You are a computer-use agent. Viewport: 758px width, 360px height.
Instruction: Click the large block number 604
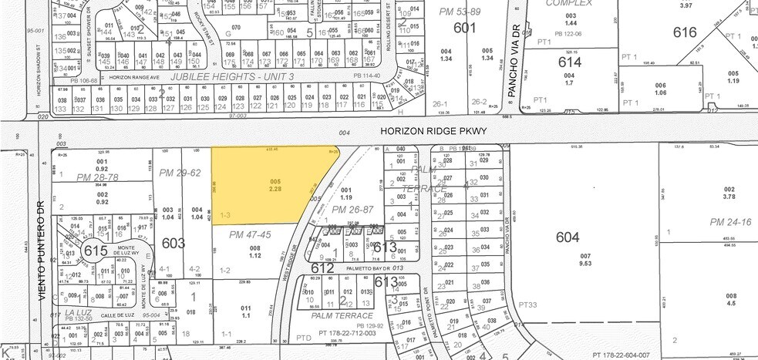[567, 237]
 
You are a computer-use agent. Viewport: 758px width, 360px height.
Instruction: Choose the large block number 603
[173, 244]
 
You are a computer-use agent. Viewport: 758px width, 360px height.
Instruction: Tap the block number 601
[465, 27]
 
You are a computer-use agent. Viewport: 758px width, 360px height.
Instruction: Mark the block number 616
[685, 32]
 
